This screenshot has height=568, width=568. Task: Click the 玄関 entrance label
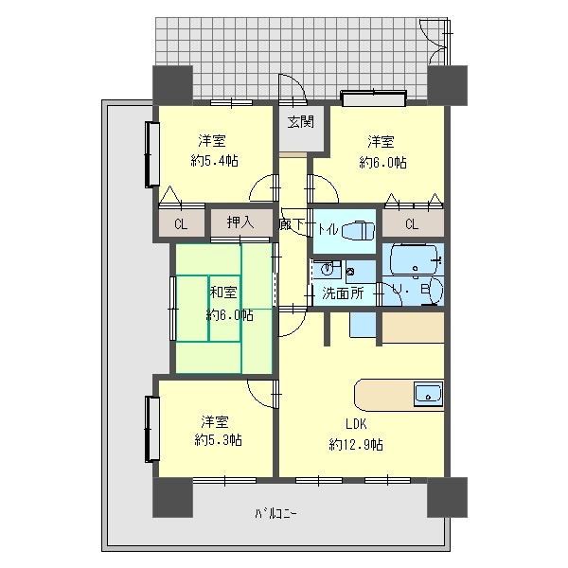300,122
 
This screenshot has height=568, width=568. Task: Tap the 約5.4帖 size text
215,160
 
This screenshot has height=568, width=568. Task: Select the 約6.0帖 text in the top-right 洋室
382,162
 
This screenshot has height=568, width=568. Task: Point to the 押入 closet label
240,222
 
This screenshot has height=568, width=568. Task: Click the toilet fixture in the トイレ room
358,230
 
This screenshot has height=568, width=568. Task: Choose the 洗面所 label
343,293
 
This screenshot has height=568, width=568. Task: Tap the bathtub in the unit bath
414,260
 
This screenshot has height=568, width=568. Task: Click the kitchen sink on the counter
428,393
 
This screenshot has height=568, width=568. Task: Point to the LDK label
356,423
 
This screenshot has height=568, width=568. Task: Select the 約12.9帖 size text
356,444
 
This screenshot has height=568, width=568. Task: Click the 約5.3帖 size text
218,440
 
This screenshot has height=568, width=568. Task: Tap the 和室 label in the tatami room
223,292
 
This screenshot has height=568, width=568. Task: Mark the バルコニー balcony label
276,513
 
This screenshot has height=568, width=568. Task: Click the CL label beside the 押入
181,224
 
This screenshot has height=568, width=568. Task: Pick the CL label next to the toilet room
412,224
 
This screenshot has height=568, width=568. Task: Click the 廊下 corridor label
292,224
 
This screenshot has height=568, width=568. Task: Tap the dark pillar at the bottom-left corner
172,497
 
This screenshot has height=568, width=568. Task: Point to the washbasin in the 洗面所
328,269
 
